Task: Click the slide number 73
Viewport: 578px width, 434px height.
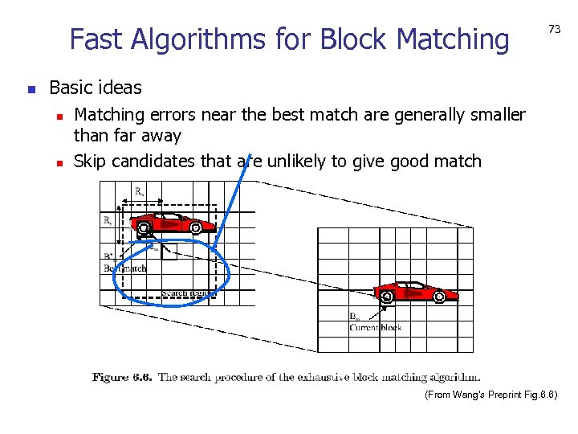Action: [554, 29]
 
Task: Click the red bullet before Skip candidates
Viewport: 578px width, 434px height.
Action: [59, 162]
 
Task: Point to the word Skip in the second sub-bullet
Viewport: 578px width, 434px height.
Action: [90, 162]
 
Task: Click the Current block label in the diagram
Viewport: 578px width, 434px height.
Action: [376, 327]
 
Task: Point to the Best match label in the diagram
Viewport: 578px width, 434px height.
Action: [127, 268]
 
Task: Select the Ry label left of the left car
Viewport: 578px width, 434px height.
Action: [107, 219]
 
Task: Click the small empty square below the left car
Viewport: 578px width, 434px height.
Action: [169, 252]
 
